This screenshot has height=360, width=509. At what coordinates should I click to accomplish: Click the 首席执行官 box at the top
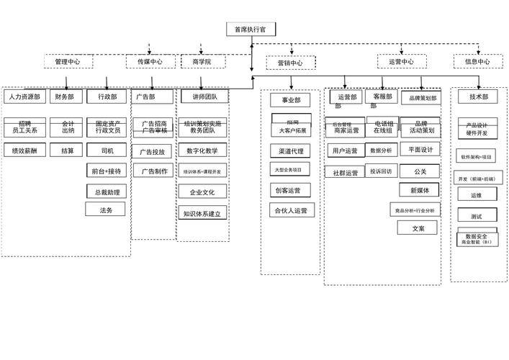click(251, 30)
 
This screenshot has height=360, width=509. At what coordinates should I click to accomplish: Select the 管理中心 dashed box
click(68, 62)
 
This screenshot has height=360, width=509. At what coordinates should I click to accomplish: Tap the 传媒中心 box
click(150, 62)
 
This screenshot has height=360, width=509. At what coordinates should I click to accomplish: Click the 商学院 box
click(202, 62)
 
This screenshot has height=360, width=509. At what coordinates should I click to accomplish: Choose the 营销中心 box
click(290, 63)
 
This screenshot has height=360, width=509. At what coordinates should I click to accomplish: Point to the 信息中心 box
click(477, 62)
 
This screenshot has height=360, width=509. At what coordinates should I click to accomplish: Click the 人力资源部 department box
click(25, 96)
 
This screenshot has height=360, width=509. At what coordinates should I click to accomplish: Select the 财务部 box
click(67, 96)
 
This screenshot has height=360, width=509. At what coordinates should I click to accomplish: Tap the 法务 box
click(106, 210)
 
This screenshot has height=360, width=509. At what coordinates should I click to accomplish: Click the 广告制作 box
click(154, 171)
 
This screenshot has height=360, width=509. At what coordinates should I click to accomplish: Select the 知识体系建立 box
click(204, 214)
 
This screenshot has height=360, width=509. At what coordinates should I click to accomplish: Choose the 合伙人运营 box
click(292, 211)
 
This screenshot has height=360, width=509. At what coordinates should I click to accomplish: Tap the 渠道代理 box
click(291, 152)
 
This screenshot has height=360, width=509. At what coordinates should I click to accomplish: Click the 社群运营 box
click(345, 173)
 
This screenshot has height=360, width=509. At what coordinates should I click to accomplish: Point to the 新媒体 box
click(419, 190)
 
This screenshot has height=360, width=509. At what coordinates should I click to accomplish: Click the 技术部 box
click(479, 96)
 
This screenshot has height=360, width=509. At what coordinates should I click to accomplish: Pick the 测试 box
click(476, 216)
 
